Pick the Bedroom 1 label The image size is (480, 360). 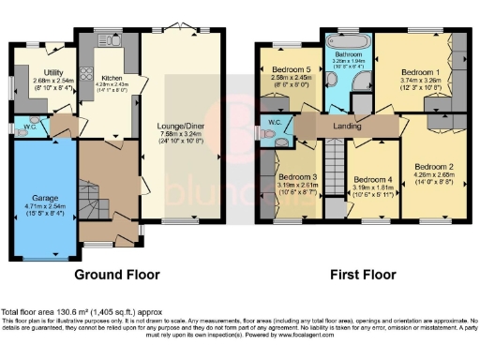pyautogui.click(x=420, y=72)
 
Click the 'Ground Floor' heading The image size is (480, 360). pyautogui.click(x=117, y=276)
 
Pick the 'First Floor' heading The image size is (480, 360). pyautogui.click(x=362, y=276)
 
